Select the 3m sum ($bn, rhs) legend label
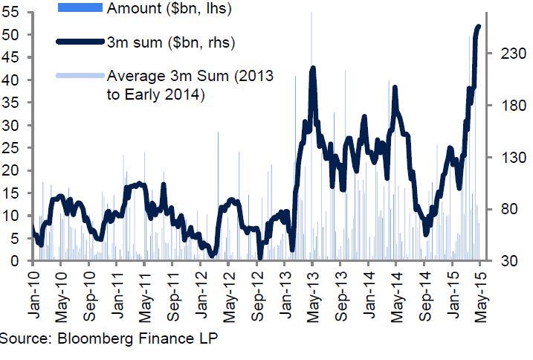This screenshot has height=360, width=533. tap(171, 42)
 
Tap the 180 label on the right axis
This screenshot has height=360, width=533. tap(503, 106)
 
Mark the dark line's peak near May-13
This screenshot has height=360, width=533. tap(313, 69)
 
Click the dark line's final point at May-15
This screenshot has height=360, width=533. tap(479, 27)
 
